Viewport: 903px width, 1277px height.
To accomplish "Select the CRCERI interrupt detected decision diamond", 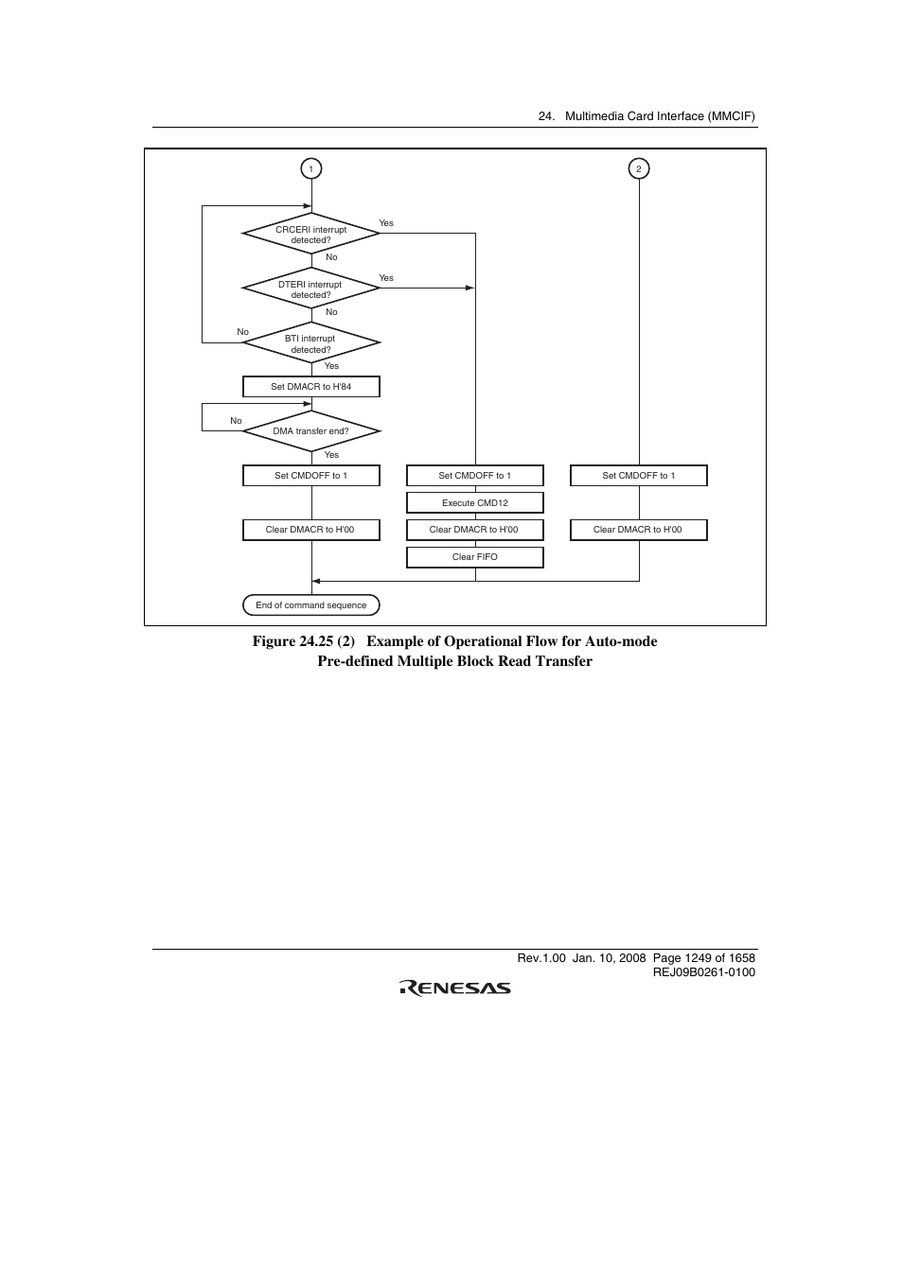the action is click(x=310, y=233).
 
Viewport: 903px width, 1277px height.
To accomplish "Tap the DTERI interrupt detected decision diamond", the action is click(x=310, y=288).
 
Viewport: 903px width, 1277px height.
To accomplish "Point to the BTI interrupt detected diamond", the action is click(x=310, y=342).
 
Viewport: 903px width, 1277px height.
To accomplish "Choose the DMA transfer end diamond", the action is click(x=310, y=431).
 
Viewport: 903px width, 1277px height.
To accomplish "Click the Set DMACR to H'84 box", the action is click(x=310, y=387).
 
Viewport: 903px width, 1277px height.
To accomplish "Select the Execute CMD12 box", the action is click(x=474, y=503).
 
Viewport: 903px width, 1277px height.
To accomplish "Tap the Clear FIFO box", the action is click(x=474, y=557).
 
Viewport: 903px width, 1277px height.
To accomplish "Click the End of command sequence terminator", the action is click(x=310, y=604).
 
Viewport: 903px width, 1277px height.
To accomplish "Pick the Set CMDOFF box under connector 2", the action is click(x=638, y=476).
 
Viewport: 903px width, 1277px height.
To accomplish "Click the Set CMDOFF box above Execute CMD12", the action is click(x=474, y=476).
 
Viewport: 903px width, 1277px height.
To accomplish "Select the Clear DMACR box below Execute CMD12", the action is click(x=474, y=530).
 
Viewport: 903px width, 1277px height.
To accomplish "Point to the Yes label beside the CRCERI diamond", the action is click(x=386, y=223).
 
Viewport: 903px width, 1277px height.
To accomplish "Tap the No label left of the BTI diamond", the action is click(x=242, y=332).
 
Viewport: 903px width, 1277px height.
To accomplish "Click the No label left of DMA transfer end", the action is click(x=236, y=421).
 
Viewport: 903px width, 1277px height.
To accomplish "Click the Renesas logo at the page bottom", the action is click(x=454, y=988).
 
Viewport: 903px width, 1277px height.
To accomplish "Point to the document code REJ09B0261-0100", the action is click(x=704, y=972).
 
